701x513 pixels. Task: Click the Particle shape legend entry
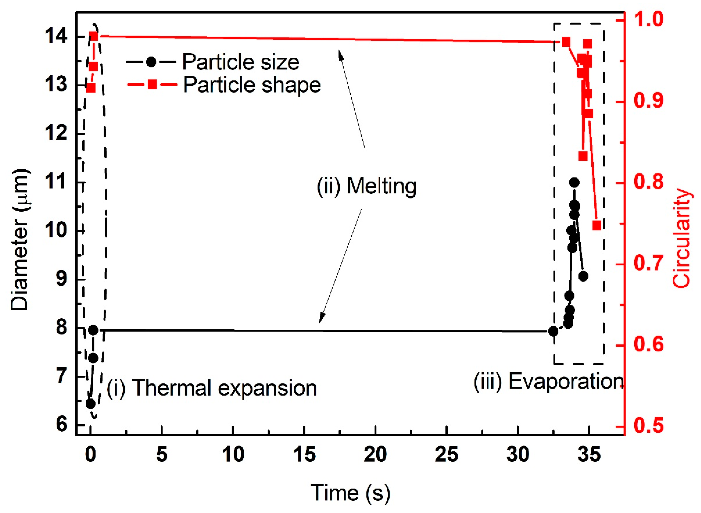tap(224, 84)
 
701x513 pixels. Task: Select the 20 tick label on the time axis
tap(375, 455)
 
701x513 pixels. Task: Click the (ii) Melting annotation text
tap(366, 186)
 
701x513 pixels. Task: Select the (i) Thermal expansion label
tap(212, 388)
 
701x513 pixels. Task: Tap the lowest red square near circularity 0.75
tap(597, 225)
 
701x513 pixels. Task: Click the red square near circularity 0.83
tap(583, 156)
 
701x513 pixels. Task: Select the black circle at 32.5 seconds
tap(553, 331)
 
